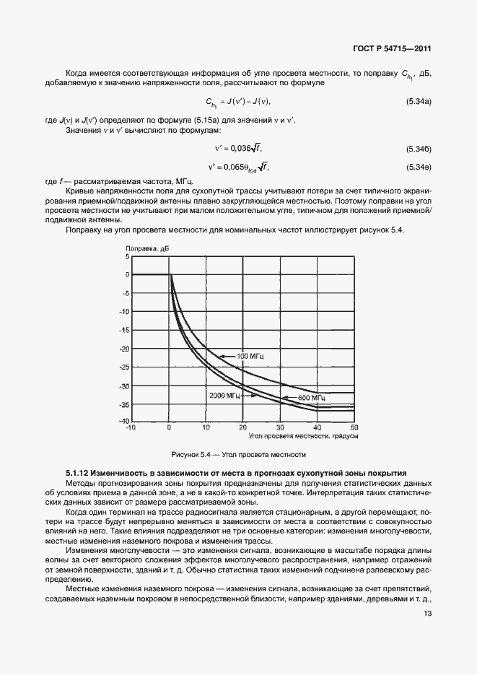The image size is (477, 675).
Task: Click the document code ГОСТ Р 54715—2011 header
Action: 394,50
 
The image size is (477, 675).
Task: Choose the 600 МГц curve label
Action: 312,398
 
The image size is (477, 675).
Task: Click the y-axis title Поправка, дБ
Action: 147,248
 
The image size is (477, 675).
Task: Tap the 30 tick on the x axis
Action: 280,427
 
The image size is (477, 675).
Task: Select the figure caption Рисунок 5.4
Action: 238,455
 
